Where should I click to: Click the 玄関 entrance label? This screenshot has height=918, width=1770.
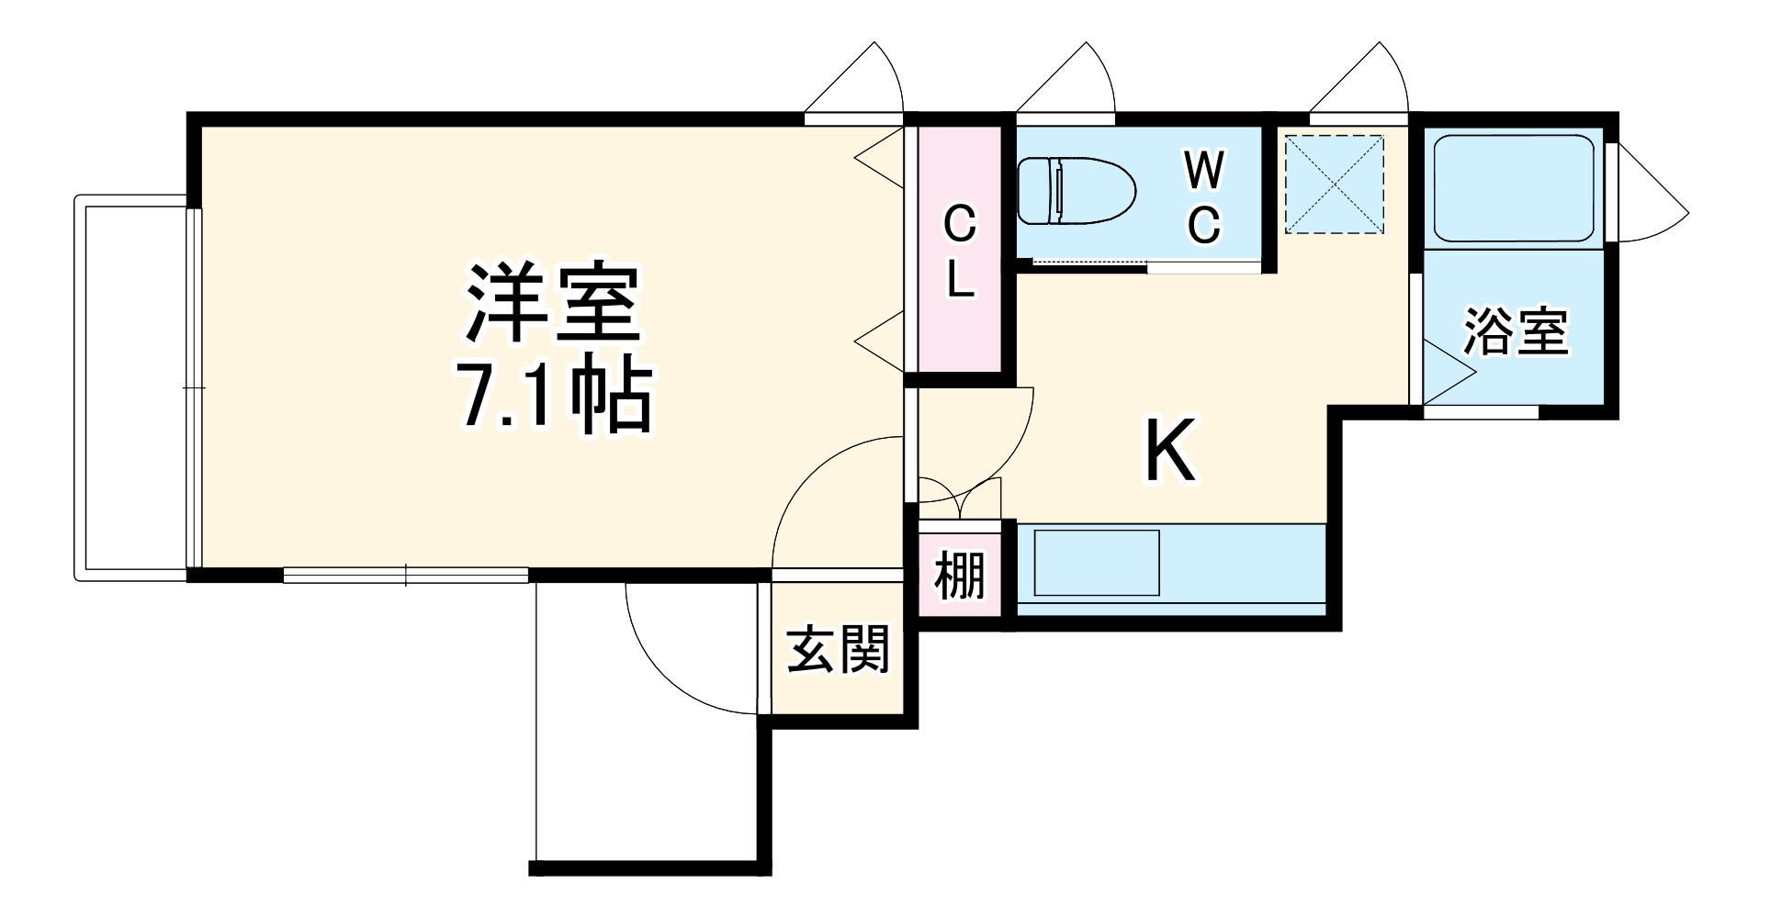(x=839, y=650)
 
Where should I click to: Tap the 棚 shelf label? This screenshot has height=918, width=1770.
(x=960, y=577)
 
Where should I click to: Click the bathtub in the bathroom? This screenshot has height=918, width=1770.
(x=1513, y=189)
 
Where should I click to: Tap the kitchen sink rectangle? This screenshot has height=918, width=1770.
(x=1097, y=563)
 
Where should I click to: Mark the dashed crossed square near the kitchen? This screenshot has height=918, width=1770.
(x=1334, y=185)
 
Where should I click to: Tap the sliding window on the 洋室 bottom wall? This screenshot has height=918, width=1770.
(x=405, y=575)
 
